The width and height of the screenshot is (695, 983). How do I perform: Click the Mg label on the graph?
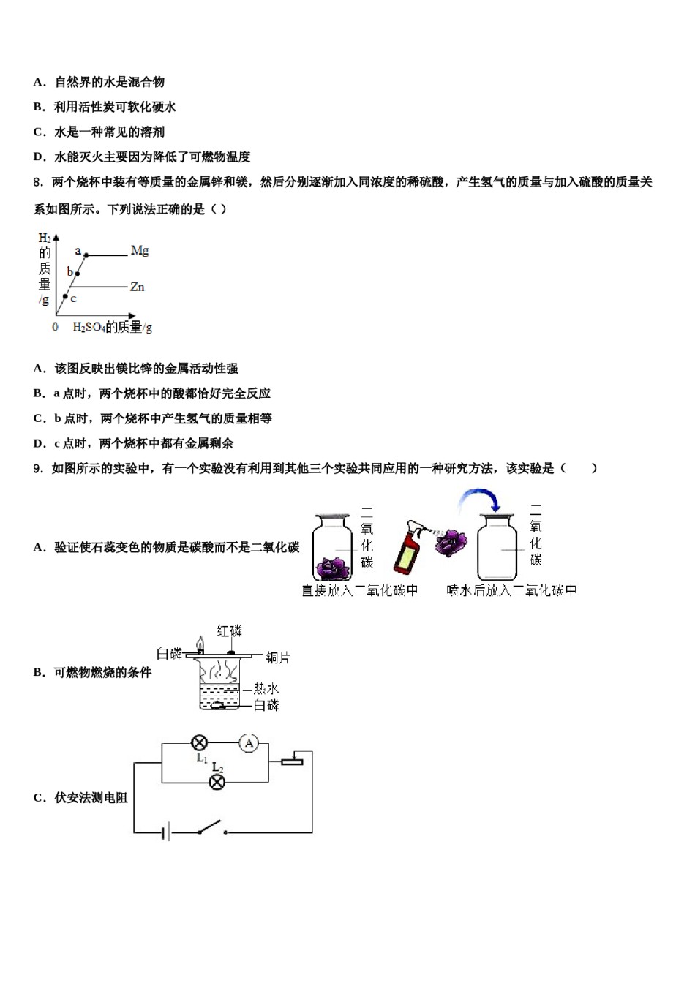(x=139, y=251)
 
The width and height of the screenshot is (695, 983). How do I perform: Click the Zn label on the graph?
(x=137, y=287)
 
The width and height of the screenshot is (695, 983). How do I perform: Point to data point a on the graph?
(x=86, y=255)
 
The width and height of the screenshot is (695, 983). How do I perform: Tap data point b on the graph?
(x=76, y=276)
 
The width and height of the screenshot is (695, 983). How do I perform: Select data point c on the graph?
(x=65, y=296)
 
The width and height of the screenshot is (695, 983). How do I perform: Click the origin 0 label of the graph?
(x=55, y=327)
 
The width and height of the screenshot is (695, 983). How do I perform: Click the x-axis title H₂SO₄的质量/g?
(x=112, y=327)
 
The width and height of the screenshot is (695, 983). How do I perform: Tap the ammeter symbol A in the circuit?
(x=249, y=744)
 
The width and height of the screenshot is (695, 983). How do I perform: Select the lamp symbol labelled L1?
(x=199, y=744)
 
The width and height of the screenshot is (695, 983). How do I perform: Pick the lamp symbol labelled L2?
(x=217, y=782)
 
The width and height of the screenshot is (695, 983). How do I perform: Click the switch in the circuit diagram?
(x=211, y=828)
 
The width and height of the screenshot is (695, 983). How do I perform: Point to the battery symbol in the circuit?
(x=166, y=832)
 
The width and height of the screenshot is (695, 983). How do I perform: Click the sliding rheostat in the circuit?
(x=292, y=760)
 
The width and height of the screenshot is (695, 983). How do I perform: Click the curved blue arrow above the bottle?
(x=478, y=500)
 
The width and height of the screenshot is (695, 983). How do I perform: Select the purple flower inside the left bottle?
(x=334, y=568)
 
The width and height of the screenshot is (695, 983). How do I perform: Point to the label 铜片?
(x=277, y=658)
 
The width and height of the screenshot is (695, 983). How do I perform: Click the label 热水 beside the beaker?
(x=266, y=688)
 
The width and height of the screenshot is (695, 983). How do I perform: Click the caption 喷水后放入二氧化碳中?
(x=511, y=590)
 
